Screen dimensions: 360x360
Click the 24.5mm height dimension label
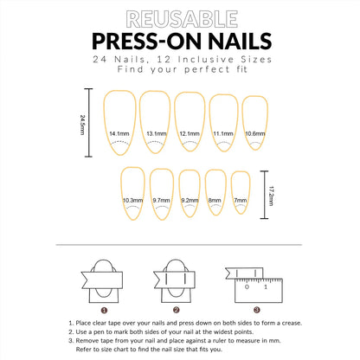[81, 122]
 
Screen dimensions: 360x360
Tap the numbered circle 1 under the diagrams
[105, 309]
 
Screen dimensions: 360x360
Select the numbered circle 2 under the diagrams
[176, 309]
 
